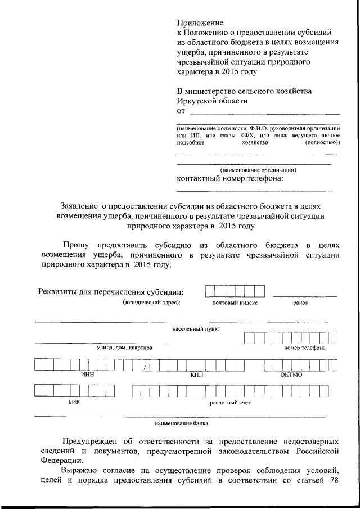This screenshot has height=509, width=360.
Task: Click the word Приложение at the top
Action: click(x=200, y=23)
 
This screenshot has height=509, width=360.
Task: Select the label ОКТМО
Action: click(x=291, y=375)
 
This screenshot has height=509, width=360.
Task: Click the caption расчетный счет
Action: click(x=230, y=403)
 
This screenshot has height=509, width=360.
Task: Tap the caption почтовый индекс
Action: click(x=235, y=303)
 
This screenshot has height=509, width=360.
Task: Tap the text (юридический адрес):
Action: click(x=151, y=303)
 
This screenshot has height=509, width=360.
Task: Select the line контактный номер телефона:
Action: click(x=229, y=178)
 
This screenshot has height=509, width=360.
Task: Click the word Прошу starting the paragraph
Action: click(x=78, y=246)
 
